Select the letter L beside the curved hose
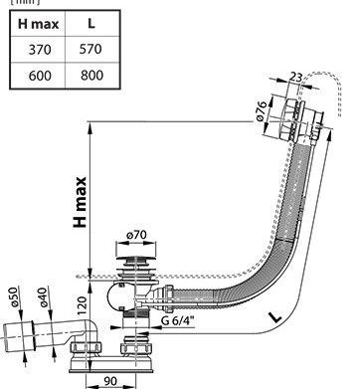(277, 318)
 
